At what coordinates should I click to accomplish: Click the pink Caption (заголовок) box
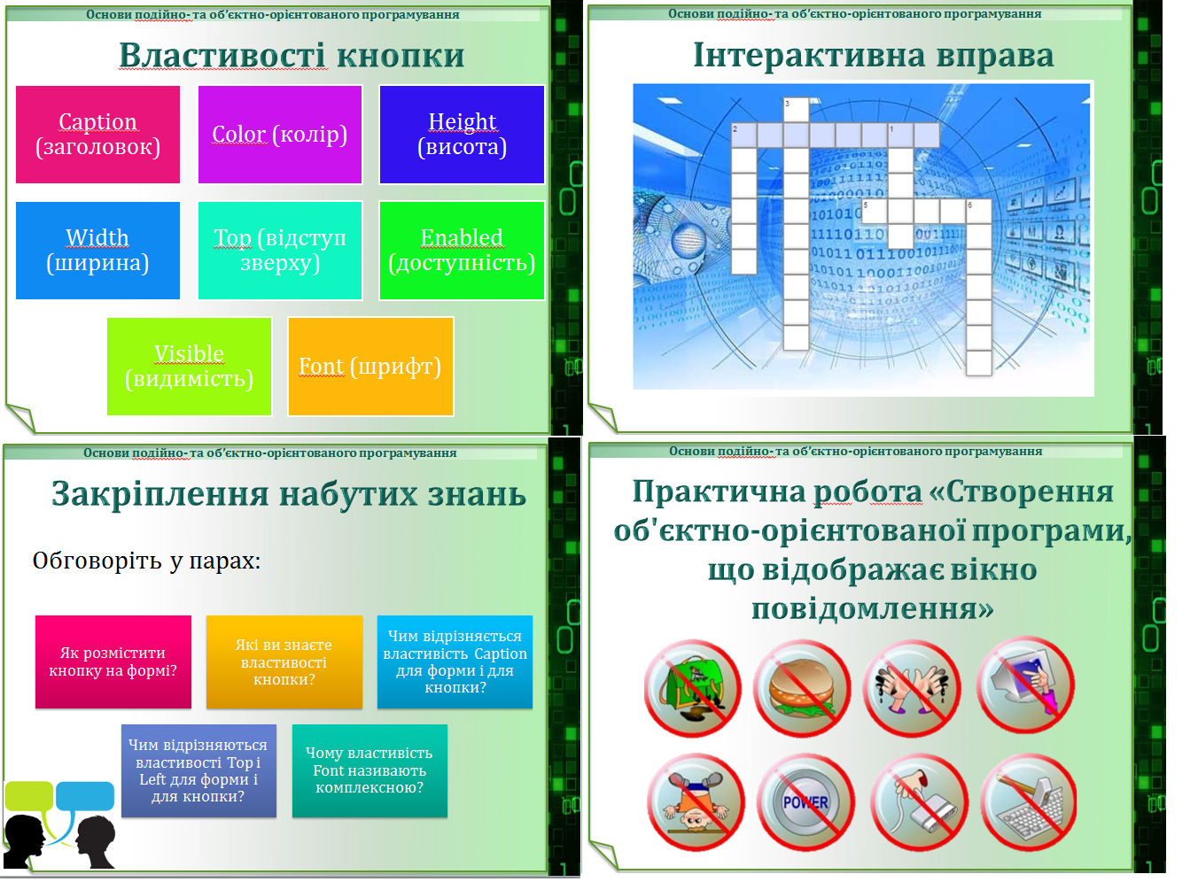(97, 135)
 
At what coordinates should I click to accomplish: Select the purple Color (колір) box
(279, 135)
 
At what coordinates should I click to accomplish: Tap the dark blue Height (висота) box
(462, 135)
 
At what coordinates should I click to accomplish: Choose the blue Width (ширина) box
(97, 251)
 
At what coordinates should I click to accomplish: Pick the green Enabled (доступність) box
(462, 251)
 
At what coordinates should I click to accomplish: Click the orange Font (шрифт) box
(370, 367)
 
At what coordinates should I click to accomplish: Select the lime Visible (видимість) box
(189, 367)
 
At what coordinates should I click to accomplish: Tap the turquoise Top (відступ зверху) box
(279, 251)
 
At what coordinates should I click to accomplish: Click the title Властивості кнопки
(292, 55)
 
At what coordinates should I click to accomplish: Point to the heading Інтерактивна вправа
(873, 55)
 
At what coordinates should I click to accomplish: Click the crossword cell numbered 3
(796, 110)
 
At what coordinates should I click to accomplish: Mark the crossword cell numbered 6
(978, 212)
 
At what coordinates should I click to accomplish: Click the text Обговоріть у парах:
(146, 561)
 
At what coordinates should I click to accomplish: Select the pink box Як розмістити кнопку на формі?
(113, 662)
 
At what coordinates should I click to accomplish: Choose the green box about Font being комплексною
(370, 770)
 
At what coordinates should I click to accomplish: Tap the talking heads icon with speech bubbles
(59, 824)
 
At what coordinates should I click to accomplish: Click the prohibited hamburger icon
(802, 688)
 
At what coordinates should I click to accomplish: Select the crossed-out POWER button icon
(805, 802)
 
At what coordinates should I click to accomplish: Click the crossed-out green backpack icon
(693, 688)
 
